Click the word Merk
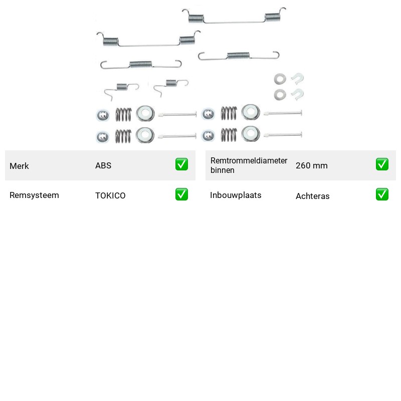click(19, 166)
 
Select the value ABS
click(103, 165)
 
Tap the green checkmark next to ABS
click(181, 164)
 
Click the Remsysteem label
click(34, 195)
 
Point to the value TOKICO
click(110, 195)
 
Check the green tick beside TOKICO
click(181, 194)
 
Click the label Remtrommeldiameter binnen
click(249, 165)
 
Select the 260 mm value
click(311, 165)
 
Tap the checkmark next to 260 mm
click(382, 164)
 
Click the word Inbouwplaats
click(236, 195)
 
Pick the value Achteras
click(312, 196)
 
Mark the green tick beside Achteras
click(382, 194)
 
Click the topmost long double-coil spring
click(234, 23)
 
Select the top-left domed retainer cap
click(103, 115)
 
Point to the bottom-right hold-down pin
click(283, 134)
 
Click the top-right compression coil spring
click(229, 113)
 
